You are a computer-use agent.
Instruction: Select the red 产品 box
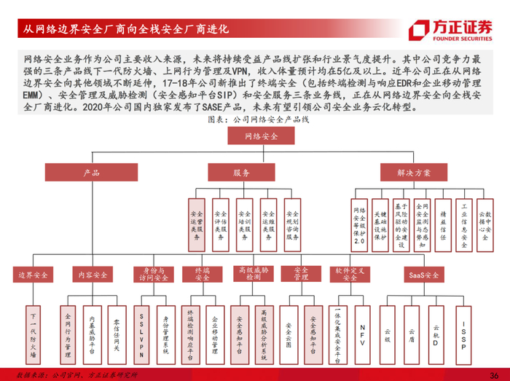[x=91, y=173]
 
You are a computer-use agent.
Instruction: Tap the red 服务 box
[x=242, y=173]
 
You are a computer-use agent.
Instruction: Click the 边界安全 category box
[x=34, y=275]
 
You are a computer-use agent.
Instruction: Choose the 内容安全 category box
[x=92, y=275]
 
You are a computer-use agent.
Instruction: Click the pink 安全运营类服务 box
[x=197, y=225]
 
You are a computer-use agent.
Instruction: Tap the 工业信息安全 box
[x=464, y=225]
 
